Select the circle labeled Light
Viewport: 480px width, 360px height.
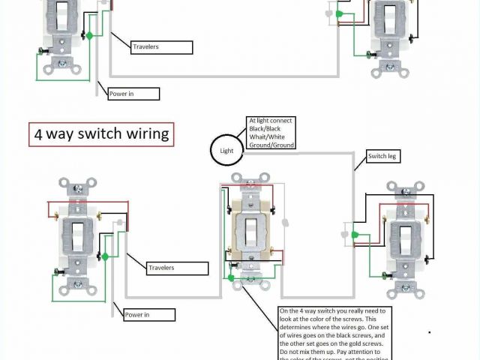226,150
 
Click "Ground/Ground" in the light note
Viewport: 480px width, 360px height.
271,145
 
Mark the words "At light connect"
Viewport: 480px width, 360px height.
271,120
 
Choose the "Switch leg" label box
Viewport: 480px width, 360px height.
381,156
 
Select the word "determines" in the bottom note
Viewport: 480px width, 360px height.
299,327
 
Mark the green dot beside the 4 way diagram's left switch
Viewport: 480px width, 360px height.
106,256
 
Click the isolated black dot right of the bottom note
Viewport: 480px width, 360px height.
430,331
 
